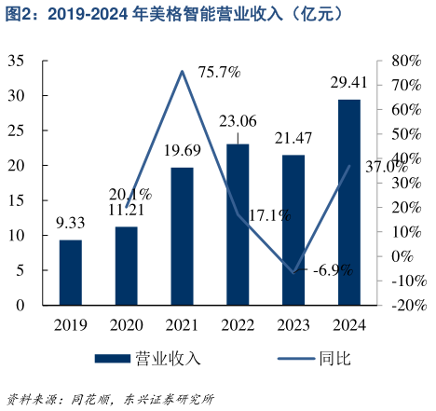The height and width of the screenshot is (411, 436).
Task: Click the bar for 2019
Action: tap(71, 272)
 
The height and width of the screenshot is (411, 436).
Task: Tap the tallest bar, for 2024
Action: tap(348, 201)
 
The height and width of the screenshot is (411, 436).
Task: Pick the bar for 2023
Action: tap(293, 229)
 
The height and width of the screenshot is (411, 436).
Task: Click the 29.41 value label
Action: tap(348, 83)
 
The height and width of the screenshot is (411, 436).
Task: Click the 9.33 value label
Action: tap(71, 223)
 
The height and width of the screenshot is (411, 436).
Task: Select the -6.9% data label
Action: tap(333, 270)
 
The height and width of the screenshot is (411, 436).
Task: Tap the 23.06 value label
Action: tap(238, 120)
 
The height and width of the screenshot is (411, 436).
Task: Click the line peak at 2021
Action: tap(182, 71)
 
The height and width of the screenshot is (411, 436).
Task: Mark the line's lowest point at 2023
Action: tap(293, 273)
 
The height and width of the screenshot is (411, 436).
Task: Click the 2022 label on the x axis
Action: tap(238, 325)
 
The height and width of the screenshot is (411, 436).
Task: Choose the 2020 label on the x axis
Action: tap(126, 325)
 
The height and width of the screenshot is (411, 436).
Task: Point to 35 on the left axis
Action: tap(16, 61)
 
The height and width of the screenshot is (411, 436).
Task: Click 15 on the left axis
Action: tap(16, 200)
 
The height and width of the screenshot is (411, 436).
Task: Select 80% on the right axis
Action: tap(407, 61)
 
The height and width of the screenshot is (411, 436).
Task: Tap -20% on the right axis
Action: tap(407, 305)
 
